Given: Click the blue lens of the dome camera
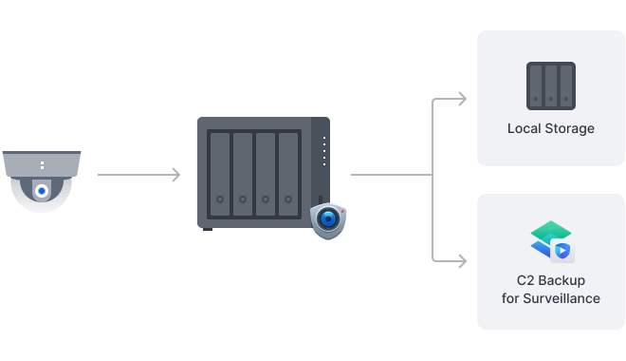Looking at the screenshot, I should [42, 191].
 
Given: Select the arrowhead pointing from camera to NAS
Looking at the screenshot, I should [175, 175].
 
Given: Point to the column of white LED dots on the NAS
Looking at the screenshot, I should [323, 150].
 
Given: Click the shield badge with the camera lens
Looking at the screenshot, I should [328, 219].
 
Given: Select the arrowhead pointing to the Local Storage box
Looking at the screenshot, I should [462, 99].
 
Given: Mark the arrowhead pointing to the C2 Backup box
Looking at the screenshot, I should [462, 259].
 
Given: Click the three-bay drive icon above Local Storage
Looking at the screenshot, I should [550, 85].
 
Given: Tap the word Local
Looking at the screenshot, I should [525, 128].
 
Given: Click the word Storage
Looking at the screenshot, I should [569, 128].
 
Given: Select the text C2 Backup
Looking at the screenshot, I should [550, 281].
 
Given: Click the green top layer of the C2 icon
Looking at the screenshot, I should [549, 231].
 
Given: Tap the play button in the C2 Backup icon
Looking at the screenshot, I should [562, 251].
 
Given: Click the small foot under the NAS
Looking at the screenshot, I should [208, 228].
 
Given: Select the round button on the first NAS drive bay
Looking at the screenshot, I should [219, 200].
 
